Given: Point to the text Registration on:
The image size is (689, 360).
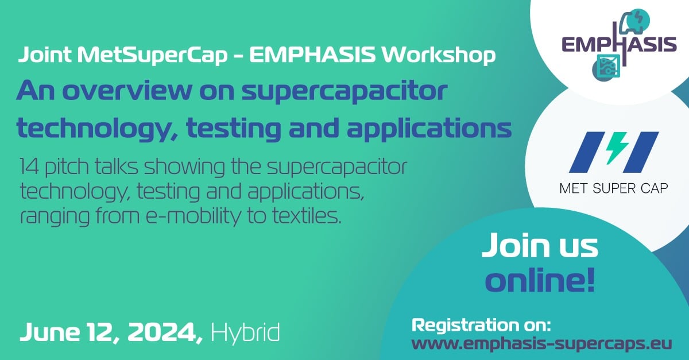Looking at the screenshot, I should [482, 326].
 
